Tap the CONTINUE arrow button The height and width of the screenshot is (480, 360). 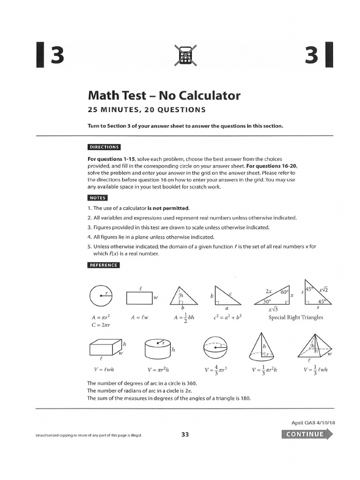coord(307,434)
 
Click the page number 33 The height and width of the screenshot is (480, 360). coord(185,435)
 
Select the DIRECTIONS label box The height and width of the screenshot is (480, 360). coord(105,147)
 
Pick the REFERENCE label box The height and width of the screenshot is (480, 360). coord(104,265)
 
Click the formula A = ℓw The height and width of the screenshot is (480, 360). coord(139,317)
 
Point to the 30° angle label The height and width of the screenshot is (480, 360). coord(268,302)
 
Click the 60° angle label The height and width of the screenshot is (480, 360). coord(284,292)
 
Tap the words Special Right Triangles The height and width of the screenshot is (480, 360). coord(296,317)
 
